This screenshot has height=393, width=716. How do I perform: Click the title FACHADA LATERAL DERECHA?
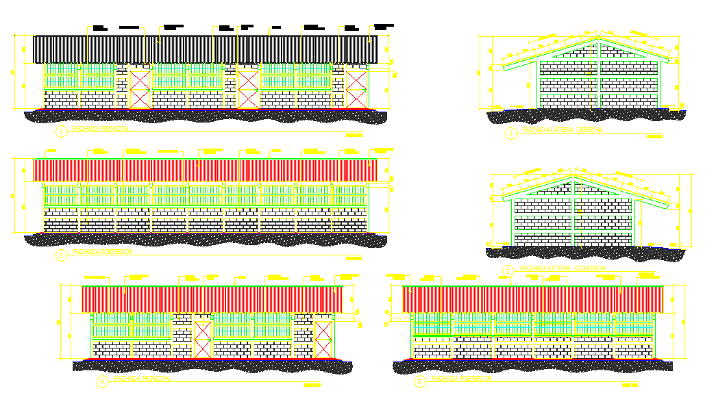563,130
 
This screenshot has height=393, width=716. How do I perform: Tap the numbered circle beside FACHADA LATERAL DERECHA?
510,132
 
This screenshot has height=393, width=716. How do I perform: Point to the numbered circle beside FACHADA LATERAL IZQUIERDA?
508,270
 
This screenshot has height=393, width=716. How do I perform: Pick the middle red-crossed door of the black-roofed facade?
248,89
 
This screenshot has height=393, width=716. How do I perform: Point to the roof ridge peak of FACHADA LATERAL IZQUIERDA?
573,177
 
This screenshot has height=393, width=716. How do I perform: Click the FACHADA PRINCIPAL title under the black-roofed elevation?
102,129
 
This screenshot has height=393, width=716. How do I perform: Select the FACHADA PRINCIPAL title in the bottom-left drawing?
142,378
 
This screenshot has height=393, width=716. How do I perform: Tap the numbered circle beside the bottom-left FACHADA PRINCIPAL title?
103,381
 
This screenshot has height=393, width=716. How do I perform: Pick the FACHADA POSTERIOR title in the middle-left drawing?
103,252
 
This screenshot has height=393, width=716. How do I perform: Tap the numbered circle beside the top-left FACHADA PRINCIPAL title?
61,131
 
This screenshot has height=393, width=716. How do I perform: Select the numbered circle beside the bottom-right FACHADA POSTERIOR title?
419,381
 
